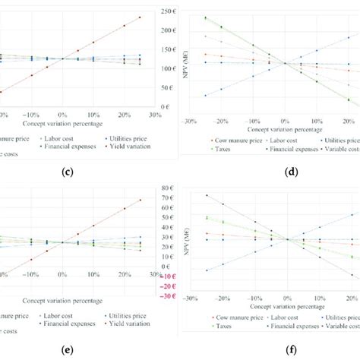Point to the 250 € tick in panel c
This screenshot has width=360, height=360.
(167, 12)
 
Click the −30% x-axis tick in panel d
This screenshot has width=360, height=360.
(190, 121)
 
